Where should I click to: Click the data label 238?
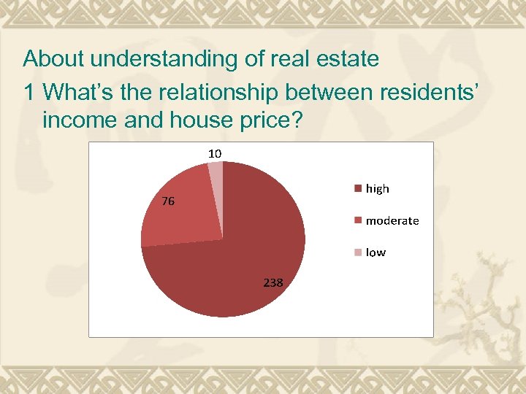click(273, 282)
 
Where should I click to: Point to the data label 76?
click(168, 202)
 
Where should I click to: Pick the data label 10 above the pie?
click(215, 153)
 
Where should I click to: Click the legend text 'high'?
click(378, 188)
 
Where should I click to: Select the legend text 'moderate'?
click(392, 220)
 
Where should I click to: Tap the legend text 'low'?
click(376, 252)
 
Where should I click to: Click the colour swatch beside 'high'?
click(358, 188)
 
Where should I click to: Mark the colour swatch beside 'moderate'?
click(358, 220)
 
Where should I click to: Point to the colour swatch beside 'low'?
click(358, 252)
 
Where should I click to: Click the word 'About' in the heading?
click(53, 58)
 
